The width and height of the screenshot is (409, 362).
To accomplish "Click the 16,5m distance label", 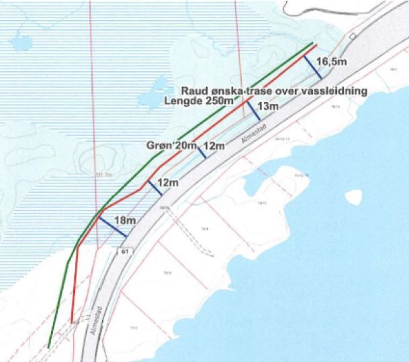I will pos(332,63).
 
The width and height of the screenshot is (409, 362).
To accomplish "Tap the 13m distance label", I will pos(267,106).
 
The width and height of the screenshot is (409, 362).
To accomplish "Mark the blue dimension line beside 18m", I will pos(112,226).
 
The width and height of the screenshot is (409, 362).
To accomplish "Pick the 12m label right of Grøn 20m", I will pos(214,146).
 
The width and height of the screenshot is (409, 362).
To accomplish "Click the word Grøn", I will pos(159,145).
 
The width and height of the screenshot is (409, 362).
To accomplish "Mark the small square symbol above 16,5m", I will pos(352,36).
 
